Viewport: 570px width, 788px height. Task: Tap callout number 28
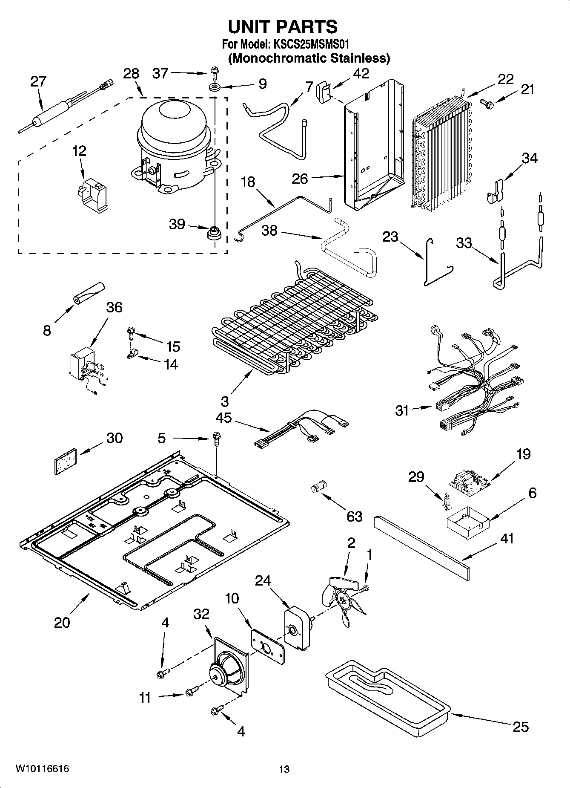131,74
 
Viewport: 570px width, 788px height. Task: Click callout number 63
354,517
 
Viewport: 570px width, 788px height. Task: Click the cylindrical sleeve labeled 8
89,293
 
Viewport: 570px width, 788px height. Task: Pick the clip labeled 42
324,92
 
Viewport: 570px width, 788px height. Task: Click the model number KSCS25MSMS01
310,44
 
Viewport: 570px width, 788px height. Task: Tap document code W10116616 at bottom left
43,768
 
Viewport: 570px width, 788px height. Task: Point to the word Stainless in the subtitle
360,58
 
